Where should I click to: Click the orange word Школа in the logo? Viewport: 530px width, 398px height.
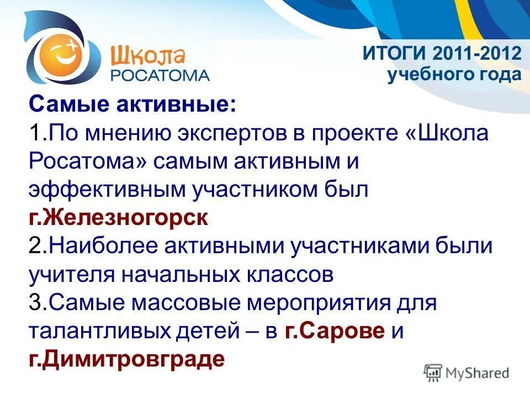[x=147, y=55]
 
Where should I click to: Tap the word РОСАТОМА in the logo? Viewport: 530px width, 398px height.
[x=161, y=76]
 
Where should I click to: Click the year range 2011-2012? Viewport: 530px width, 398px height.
[x=478, y=54]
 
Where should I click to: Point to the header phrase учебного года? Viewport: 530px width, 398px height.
[x=454, y=75]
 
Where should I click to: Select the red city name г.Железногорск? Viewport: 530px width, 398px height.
[x=119, y=218]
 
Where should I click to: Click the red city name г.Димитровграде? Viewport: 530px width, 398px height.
[x=127, y=359]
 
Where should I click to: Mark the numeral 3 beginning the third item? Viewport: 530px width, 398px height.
[x=34, y=303]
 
